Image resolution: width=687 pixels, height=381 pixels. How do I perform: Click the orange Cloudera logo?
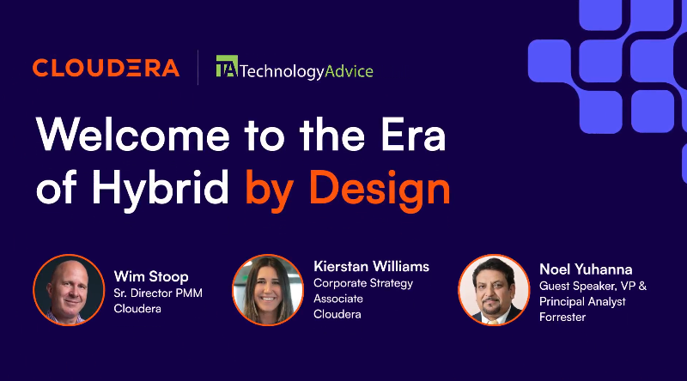click(x=106, y=68)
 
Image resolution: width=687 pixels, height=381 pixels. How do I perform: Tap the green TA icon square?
click(x=227, y=66)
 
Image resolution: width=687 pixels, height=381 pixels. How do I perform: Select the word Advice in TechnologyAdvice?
click(x=349, y=71)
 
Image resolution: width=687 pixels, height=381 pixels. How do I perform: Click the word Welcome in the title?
click(x=133, y=135)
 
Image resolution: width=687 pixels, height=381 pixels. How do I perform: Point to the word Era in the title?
click(x=413, y=135)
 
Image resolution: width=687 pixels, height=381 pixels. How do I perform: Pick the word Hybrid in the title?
click(x=161, y=187)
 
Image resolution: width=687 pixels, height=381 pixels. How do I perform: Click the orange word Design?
click(x=380, y=187)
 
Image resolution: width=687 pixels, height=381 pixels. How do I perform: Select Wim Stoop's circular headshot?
click(x=69, y=290)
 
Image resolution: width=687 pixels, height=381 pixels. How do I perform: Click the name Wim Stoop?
click(x=151, y=277)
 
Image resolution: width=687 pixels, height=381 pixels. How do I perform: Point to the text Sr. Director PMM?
click(x=158, y=293)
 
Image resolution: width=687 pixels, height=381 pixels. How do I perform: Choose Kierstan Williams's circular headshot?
click(x=268, y=290)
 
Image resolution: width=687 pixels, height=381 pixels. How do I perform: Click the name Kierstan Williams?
click(x=372, y=266)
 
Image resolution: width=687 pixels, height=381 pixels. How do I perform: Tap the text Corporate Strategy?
click(x=363, y=283)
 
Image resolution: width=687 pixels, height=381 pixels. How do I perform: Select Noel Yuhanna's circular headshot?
click(x=494, y=290)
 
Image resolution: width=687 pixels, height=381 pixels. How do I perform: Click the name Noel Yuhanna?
click(x=586, y=269)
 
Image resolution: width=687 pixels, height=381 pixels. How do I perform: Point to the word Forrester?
click(x=562, y=317)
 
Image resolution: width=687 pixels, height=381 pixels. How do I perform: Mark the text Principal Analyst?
click(x=582, y=302)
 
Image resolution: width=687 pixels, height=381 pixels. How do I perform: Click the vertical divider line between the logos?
click(x=198, y=68)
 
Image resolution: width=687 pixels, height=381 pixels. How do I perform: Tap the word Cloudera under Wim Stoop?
click(x=137, y=309)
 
